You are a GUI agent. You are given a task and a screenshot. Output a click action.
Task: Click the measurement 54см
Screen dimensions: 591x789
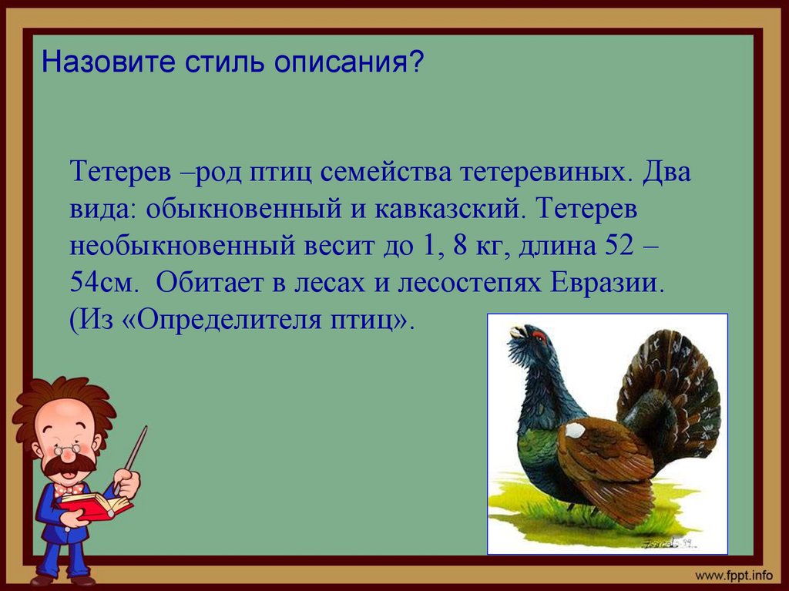point(104,283)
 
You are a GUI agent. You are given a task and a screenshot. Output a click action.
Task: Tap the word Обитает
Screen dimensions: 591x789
point(205,283)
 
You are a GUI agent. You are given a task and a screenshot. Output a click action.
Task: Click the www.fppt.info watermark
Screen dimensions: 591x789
point(734,575)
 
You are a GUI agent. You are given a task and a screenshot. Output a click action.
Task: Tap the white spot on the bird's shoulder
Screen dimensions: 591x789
point(575,430)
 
